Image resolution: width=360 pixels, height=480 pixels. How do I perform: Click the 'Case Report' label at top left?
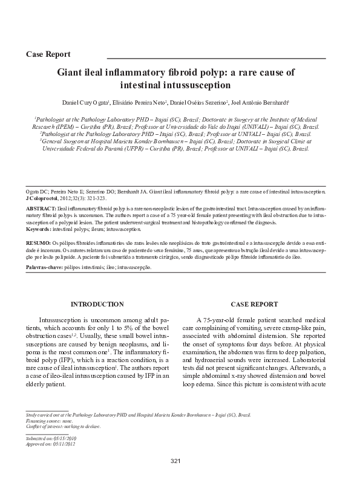pos(49,54)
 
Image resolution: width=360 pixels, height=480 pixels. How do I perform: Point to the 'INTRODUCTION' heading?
pos(99,304)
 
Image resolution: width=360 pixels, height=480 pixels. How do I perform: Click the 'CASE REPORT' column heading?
pos(255,304)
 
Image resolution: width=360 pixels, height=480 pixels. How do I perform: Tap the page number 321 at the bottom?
pos(176,462)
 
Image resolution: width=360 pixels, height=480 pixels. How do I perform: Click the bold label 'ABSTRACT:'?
pos(41,207)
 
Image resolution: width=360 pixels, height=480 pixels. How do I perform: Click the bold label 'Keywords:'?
pos(39,230)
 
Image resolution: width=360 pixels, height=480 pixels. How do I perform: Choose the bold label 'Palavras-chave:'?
pos(46,267)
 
